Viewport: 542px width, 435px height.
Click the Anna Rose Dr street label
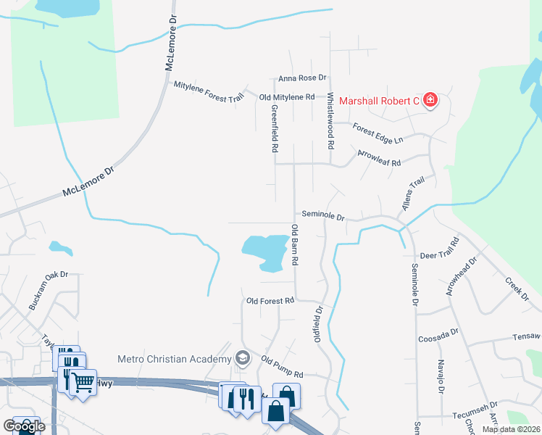302,78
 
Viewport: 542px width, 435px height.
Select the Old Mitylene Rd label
286,96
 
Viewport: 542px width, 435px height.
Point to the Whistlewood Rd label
330,120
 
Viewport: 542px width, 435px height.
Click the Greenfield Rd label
275,128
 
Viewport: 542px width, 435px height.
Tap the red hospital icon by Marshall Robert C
430,100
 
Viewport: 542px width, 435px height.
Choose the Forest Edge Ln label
378,131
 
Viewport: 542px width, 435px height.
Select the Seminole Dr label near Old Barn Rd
322,216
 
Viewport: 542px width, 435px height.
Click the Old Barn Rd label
295,245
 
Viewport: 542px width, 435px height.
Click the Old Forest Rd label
270,300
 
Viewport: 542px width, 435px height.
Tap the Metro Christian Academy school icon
242,358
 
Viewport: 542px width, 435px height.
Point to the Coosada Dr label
438,339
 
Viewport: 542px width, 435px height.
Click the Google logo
24,426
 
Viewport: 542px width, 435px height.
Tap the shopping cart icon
83,381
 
